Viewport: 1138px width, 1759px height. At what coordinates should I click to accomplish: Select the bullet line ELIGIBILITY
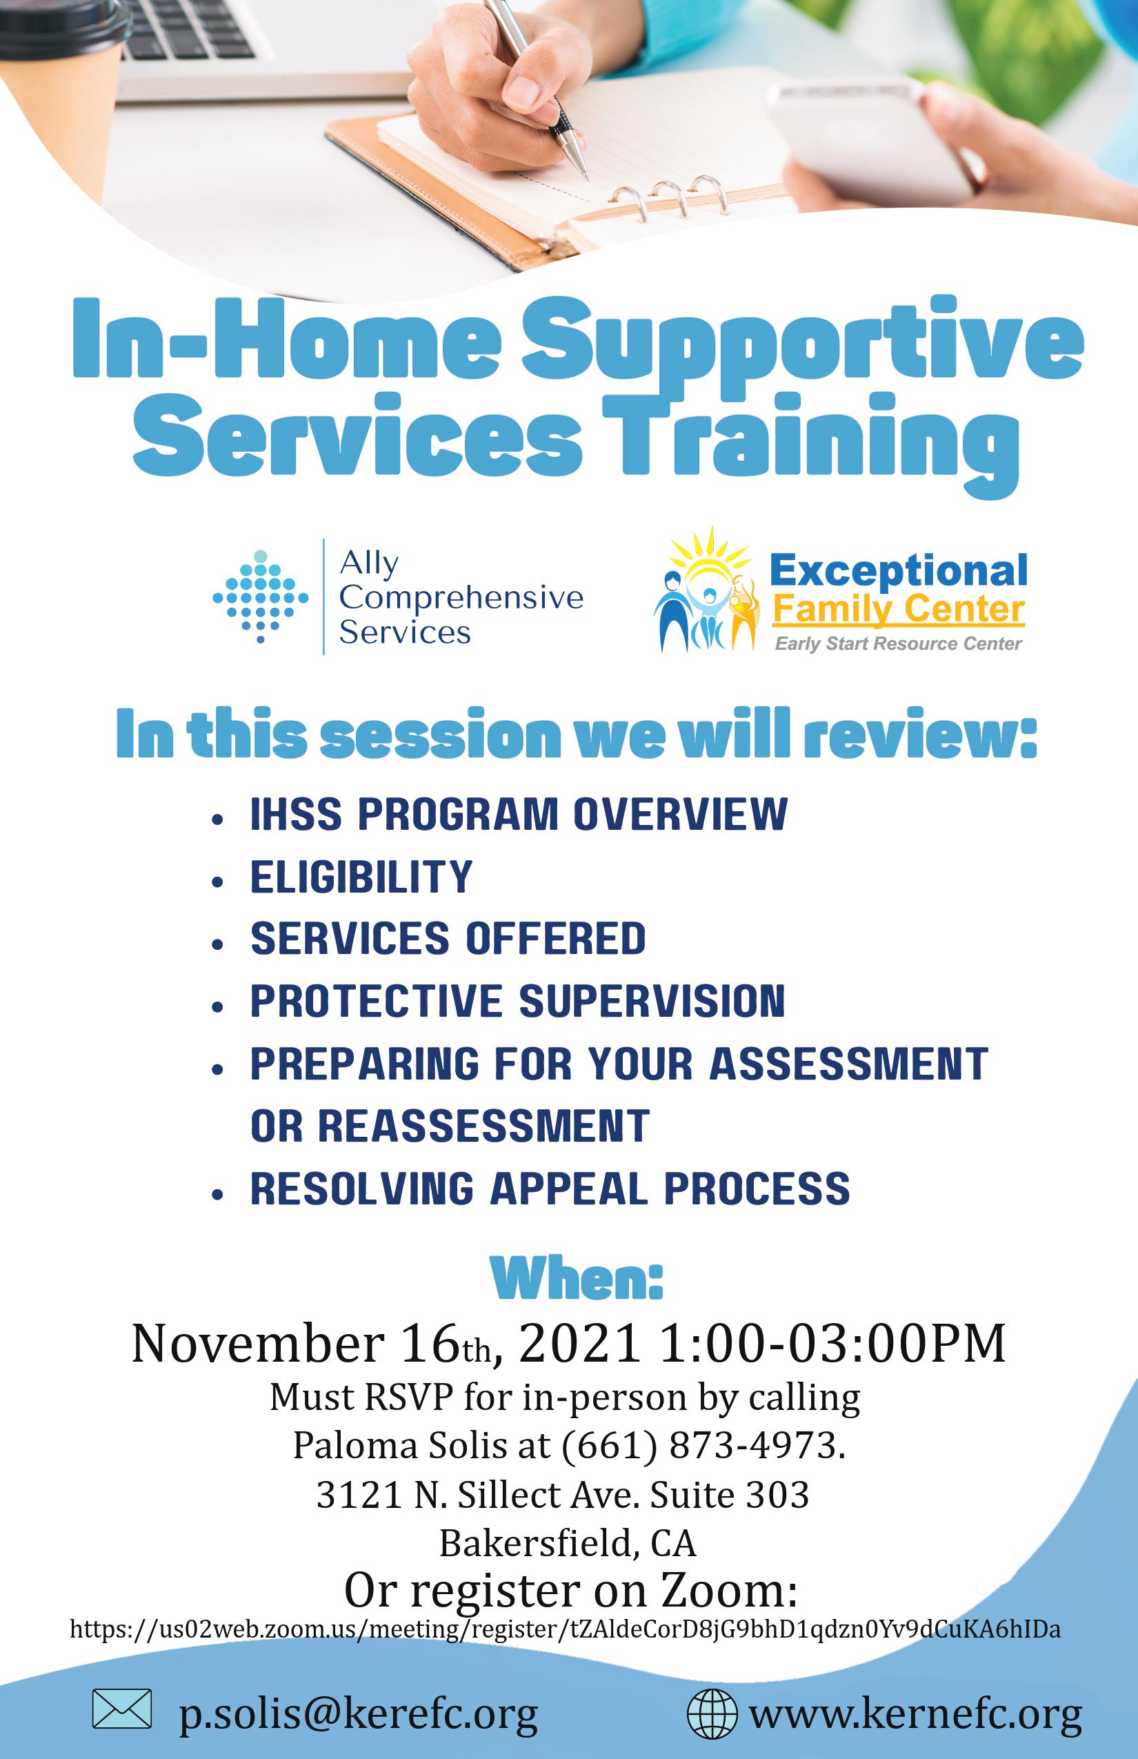pos(361,877)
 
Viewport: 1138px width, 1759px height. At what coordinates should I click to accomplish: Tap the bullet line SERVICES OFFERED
pos(448,939)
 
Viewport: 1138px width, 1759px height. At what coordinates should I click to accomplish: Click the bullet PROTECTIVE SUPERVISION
pos(518,1002)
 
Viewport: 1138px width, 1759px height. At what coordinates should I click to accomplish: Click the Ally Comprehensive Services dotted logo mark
pos(260,597)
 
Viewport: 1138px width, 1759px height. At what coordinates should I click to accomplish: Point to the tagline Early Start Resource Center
pos(898,644)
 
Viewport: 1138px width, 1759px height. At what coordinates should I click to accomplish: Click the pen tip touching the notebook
pos(586,177)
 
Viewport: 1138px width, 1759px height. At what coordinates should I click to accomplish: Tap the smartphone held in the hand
pos(872,141)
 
